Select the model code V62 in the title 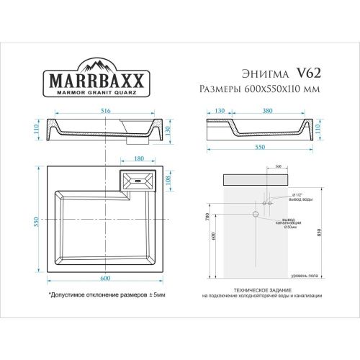(305, 73)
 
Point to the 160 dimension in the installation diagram (278, 167)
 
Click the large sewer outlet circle (254, 214)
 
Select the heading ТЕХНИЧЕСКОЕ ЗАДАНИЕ (261, 290)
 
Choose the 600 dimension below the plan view (106, 279)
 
